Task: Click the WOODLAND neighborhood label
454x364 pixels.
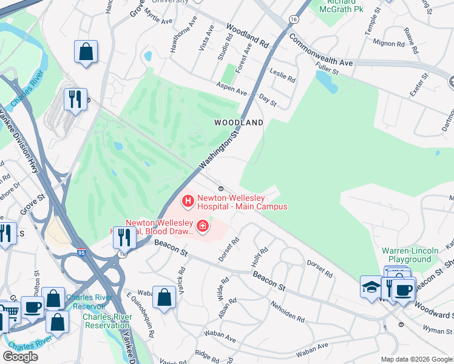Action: click(239, 123)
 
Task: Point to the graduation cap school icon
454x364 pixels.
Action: click(370, 286)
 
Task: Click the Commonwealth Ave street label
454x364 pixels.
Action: click(320, 50)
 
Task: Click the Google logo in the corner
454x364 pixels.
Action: click(20, 357)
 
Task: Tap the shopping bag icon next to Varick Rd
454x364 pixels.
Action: click(164, 297)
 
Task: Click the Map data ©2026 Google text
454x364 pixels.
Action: click(416, 359)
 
